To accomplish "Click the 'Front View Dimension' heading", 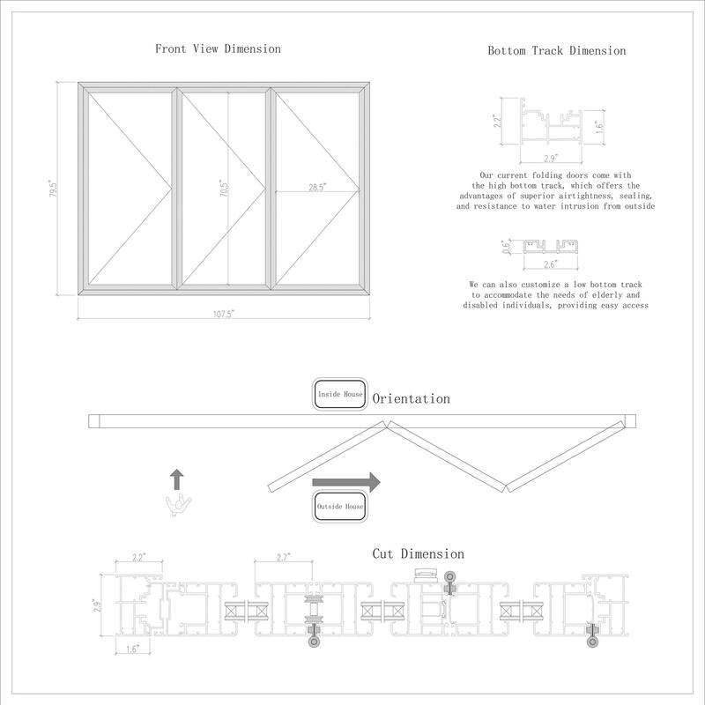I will (x=218, y=49).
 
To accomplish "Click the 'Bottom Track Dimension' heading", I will (x=557, y=51).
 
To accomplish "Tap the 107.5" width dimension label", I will (x=223, y=312).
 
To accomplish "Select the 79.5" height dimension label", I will (x=54, y=189).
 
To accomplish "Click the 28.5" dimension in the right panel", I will (x=317, y=187).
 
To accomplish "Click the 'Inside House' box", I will (x=338, y=395).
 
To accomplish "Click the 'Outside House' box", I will (x=339, y=507).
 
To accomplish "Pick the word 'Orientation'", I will (x=411, y=399).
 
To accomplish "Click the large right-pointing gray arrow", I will (x=345, y=482).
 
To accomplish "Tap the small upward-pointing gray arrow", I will (x=177, y=479).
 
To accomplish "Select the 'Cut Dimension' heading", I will (x=418, y=553).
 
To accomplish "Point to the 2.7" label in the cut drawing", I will (x=284, y=558).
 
